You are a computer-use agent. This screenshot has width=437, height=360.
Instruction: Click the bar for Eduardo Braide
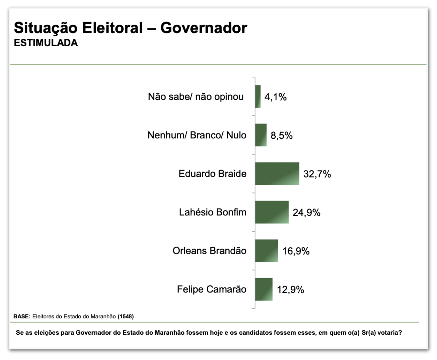pos(277,173)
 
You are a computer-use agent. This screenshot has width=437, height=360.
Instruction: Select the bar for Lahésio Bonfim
pos(272,212)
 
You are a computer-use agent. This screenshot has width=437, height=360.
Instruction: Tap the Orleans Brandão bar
pos(266,250)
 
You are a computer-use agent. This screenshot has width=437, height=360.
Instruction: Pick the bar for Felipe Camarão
pos(264,289)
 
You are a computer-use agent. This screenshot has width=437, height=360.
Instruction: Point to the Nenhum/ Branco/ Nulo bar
pos(261,135)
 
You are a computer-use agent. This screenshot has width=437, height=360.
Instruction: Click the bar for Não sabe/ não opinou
pos(258,96)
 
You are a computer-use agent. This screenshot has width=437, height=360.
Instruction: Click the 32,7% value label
pos(317,174)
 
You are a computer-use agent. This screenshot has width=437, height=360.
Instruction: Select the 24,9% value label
pos(306,212)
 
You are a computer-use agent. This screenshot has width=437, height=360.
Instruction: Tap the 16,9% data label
pos(296,251)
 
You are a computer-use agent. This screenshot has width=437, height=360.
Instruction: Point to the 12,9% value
pos(290,289)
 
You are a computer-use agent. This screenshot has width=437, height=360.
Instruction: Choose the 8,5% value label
pos(281,135)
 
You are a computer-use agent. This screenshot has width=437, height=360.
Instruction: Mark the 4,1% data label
pos(275,97)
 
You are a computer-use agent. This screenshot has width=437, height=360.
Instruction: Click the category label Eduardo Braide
pos(212,173)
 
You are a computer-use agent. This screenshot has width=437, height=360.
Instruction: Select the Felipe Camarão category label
pos(212,289)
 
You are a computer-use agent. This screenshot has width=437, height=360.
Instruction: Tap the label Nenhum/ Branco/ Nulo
pos(197,135)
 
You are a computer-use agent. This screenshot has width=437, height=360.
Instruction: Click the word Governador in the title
pos(204,28)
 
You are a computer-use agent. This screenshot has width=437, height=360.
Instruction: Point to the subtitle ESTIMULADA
pos(46,43)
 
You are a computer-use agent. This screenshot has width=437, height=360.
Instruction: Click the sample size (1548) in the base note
pos(126,316)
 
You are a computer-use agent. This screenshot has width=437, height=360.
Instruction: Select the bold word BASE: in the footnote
pos(22,316)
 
